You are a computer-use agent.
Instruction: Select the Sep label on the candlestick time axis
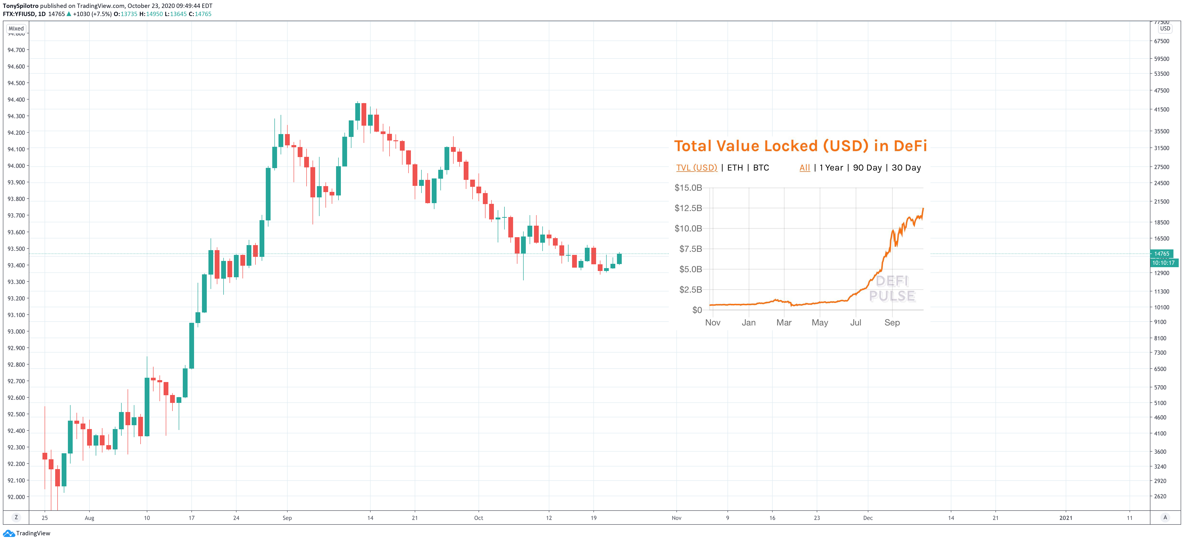point(287,518)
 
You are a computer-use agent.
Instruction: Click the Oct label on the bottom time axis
point(479,518)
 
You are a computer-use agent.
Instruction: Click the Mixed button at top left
point(16,29)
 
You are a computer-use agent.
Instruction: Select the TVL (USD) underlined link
point(696,168)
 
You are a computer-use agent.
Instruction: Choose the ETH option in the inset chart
point(735,168)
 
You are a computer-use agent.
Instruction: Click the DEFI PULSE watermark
point(892,289)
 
